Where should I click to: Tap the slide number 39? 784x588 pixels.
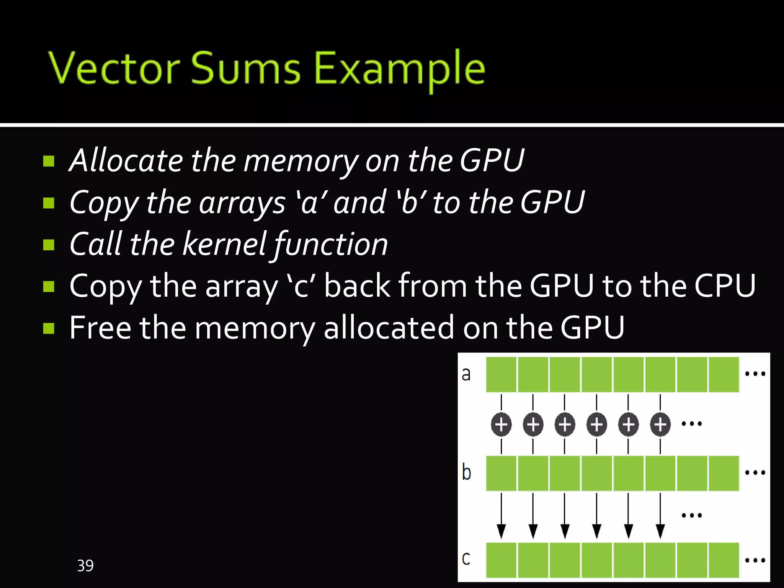tap(85, 565)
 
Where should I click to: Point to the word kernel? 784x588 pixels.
tap(224, 244)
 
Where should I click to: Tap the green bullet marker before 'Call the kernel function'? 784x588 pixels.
tap(49, 244)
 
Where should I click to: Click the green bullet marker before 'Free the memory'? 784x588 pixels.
tap(49, 328)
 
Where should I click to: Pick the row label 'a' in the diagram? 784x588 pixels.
tap(466, 374)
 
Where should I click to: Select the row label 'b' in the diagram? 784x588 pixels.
tap(466, 472)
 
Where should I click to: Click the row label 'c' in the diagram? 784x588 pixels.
tap(466, 559)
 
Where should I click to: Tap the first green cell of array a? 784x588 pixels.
tap(501, 374)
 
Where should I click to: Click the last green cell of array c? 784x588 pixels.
tap(724, 560)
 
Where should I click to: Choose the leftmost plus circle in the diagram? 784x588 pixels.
tap(501, 424)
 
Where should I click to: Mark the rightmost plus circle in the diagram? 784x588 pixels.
tap(660, 424)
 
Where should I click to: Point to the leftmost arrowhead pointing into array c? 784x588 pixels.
tap(501, 531)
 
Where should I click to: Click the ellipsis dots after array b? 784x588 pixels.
tap(755, 473)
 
